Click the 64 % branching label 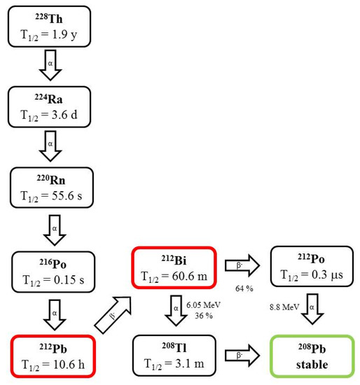(241, 287)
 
